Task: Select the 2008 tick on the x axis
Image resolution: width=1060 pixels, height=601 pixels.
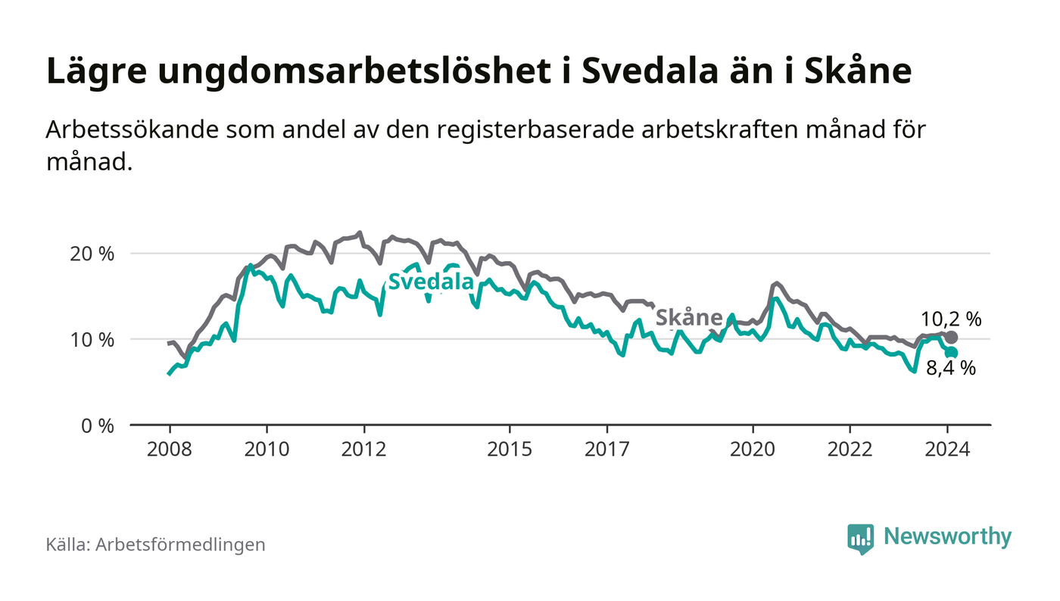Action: pos(169,449)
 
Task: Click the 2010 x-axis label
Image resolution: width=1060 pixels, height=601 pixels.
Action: pos(267,449)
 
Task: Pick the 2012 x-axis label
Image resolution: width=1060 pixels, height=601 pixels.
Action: pos(364,449)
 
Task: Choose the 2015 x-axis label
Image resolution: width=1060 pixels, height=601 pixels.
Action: pos(510,449)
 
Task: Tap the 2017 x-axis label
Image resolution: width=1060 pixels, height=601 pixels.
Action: pos(607,449)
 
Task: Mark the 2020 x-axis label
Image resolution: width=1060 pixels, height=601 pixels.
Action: pos(753,449)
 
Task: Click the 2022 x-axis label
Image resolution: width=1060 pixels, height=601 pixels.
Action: pos(850,449)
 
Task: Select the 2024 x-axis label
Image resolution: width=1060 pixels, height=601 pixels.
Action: pos(947,449)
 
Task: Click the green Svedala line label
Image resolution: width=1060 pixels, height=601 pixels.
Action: pos(431,282)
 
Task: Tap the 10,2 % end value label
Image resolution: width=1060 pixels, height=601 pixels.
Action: pos(951,319)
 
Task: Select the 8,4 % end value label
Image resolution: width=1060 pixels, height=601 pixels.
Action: pos(951,369)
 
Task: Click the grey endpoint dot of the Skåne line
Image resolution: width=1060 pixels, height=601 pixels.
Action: pos(952,337)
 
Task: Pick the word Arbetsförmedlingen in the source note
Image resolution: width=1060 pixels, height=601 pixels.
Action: pos(180,544)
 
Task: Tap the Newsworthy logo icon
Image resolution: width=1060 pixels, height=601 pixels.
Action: pos(860,538)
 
